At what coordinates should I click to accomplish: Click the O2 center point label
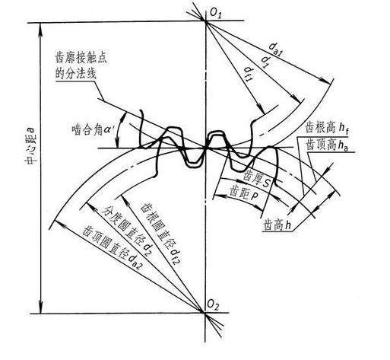212,304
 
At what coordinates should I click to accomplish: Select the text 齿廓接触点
81,58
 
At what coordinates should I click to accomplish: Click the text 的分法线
76,74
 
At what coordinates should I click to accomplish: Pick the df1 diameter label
249,74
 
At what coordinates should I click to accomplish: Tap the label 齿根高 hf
327,128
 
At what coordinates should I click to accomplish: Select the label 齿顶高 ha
328,145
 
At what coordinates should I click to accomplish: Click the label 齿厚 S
257,179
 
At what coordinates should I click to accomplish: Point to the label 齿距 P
244,193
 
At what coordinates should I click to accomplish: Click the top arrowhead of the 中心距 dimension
40,28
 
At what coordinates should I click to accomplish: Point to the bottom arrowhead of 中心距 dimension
41,307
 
